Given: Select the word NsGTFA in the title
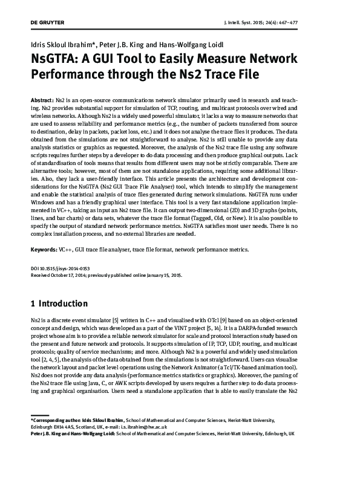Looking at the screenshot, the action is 58,60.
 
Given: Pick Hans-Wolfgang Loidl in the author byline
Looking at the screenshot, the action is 195,45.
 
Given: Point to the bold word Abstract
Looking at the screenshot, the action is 42,99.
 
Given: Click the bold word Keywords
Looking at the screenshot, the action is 44,249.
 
